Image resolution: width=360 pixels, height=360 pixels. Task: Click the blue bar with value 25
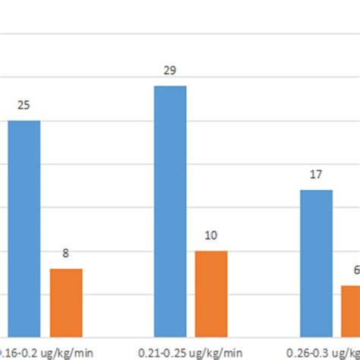[x=24, y=228]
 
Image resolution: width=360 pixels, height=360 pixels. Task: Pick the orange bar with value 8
[x=66, y=302]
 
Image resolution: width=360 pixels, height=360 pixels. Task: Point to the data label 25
[x=24, y=106]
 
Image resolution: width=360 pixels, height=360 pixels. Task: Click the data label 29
[x=170, y=71]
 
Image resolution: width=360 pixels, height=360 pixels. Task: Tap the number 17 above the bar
[x=316, y=175]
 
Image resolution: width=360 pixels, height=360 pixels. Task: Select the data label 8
[x=66, y=254]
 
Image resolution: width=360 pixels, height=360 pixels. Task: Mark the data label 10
[x=212, y=236]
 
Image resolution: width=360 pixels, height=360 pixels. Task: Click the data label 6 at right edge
[x=356, y=270]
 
